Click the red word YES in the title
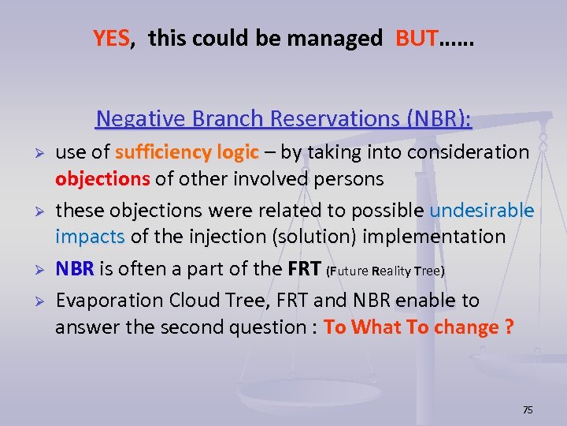click(111, 38)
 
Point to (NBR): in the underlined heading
click(438, 118)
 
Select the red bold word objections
click(102, 179)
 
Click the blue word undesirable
click(481, 211)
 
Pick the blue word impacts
click(90, 237)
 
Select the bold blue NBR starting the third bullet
click(74, 269)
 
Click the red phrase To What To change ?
click(418, 327)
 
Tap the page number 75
click(528, 409)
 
